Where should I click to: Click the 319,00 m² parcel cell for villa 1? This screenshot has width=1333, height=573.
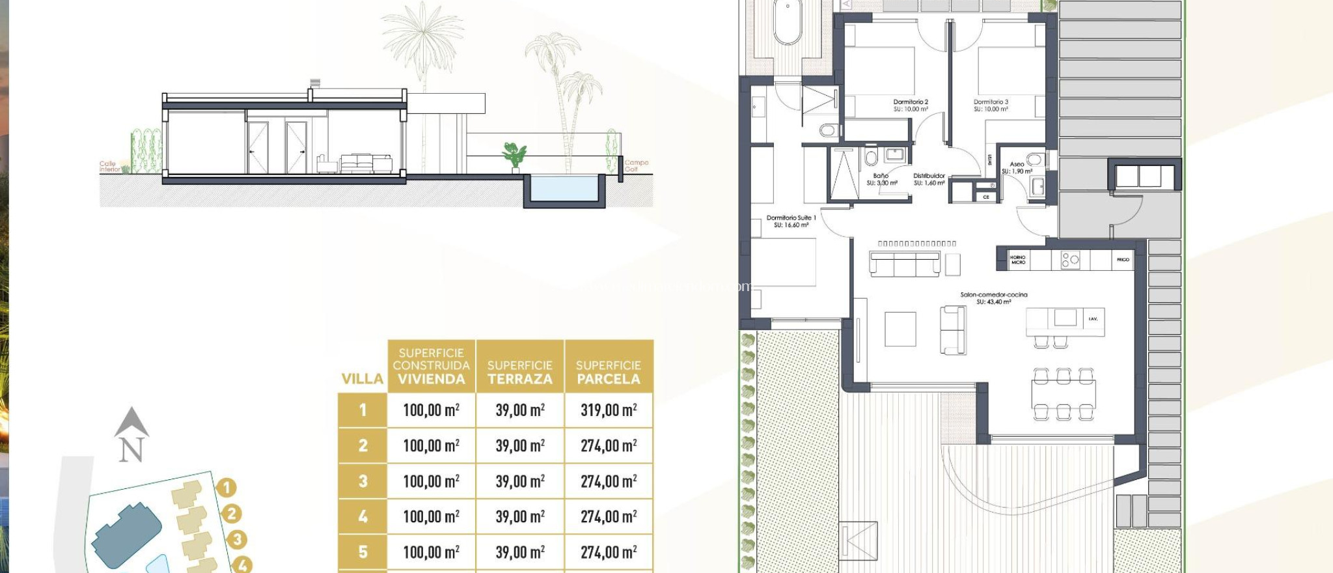[x=609, y=410]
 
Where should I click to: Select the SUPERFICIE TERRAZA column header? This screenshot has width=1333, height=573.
[x=519, y=372]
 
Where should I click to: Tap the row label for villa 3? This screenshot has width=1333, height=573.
[x=363, y=481]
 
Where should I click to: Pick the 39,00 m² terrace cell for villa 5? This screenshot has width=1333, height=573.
[x=519, y=552]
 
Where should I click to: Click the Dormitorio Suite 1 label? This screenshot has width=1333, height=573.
[x=791, y=221]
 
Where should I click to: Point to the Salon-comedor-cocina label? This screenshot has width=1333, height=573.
[x=993, y=298]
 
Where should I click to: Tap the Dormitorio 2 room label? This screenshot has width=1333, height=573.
[x=911, y=105]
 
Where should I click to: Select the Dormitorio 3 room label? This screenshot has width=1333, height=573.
[x=991, y=105]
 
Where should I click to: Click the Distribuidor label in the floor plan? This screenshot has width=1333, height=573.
[x=929, y=179]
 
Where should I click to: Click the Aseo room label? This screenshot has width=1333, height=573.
[x=1017, y=167]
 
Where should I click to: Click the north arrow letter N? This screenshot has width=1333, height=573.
[x=131, y=449]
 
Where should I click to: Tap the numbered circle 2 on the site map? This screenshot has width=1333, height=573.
[x=231, y=514]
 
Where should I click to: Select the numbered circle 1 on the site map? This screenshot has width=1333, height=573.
[x=226, y=487]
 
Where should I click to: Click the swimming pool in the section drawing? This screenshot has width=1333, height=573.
[x=564, y=188]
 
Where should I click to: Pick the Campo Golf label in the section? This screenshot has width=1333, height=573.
[x=636, y=165]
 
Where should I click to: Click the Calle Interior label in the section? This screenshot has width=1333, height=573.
[x=109, y=167]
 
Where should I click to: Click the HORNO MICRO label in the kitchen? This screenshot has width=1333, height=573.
[x=1017, y=259]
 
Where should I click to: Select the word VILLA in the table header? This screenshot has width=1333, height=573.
[x=363, y=379]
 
